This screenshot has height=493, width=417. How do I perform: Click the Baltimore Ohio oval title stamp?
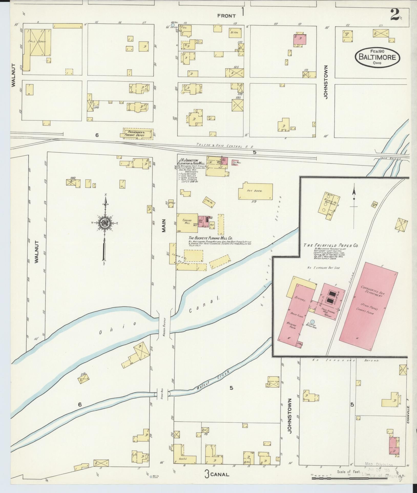[377, 57]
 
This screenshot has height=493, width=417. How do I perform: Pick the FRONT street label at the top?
[226, 16]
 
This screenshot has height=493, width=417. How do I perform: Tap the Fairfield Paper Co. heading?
[330, 245]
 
